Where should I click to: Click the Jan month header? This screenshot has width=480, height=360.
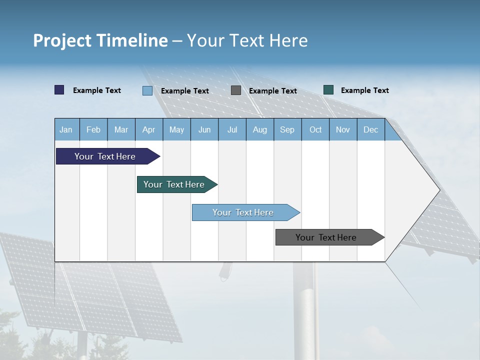tap(66, 130)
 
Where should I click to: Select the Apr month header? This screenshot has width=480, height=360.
tap(148, 130)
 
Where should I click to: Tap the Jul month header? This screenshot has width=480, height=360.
tap(232, 130)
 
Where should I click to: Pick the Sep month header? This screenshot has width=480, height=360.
tap(287, 130)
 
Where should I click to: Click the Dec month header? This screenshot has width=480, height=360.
tap(370, 130)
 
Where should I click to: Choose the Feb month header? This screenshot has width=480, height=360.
tap(93, 130)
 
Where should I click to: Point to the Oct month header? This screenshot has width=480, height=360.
tap(315, 130)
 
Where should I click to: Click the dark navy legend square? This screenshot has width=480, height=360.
tap(59, 90)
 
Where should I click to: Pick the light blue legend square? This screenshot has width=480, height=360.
tap(147, 90)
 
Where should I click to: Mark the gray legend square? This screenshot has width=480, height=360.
tap(236, 90)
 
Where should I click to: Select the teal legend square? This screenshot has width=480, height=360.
tap(328, 90)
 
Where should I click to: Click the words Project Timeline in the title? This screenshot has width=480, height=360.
tap(100, 40)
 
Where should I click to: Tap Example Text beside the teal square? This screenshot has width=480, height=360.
tap(364, 90)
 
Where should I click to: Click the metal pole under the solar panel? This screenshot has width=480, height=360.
tap(305, 310)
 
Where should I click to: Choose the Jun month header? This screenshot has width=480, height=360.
tap(204, 130)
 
